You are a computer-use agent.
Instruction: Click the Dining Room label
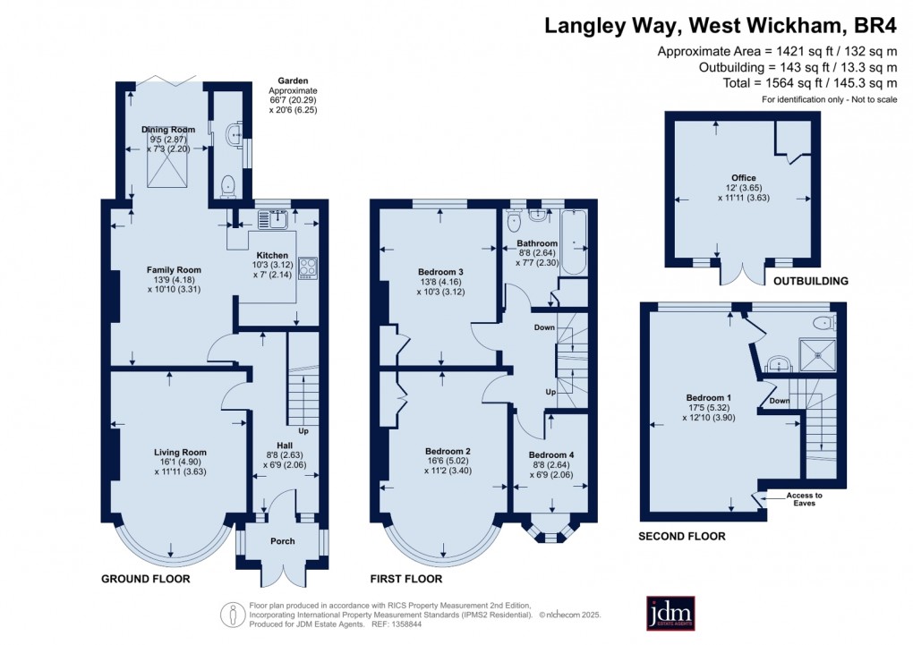[168, 130]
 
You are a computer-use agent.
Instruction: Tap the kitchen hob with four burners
[307, 267]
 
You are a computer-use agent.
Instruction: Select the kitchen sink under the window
[273, 217]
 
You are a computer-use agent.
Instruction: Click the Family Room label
[174, 269]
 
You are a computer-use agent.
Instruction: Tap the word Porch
[283, 541]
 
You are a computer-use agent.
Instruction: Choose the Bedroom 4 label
[551, 455]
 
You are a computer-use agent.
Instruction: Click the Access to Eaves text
[804, 498]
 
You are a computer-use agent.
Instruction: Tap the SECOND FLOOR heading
[682, 536]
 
